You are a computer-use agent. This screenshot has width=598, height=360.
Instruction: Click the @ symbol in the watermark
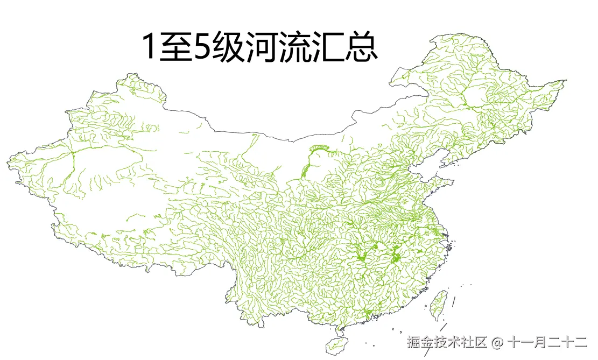(497, 342)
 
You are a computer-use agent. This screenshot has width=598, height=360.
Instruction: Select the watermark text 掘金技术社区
(447, 342)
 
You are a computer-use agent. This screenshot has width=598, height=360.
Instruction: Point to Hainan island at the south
(337, 343)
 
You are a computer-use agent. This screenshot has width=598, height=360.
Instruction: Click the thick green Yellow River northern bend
(318, 147)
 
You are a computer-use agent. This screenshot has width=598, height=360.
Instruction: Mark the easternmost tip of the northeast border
(565, 81)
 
